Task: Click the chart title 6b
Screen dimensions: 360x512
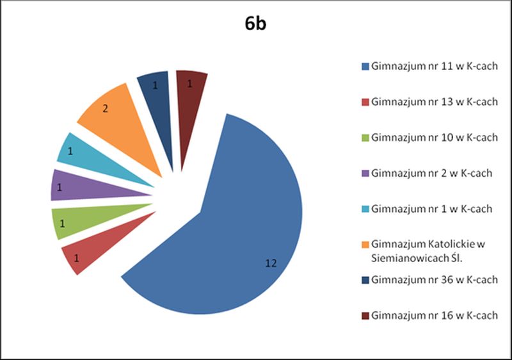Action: click(256, 25)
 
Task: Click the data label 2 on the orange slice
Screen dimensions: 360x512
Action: click(105, 109)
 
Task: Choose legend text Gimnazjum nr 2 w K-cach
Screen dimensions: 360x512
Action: click(431, 172)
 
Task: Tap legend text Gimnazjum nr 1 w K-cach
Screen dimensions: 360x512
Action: click(431, 208)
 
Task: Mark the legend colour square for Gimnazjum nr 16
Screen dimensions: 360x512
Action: click(365, 315)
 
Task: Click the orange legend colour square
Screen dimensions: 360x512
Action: click(365, 244)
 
